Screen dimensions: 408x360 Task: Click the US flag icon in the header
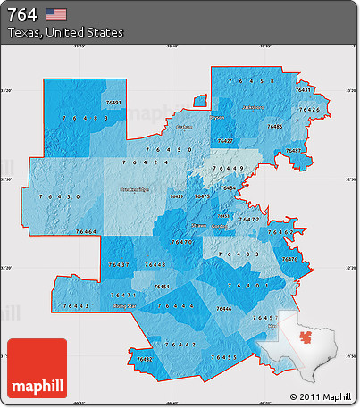click(x=56, y=13)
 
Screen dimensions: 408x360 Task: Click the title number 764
click(x=23, y=13)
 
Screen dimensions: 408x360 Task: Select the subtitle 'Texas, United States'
click(x=65, y=32)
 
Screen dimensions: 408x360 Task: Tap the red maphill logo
click(x=37, y=369)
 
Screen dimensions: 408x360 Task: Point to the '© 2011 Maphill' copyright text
click(x=321, y=396)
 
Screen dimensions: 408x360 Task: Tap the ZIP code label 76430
click(x=60, y=196)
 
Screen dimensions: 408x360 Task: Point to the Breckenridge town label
click(x=134, y=189)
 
